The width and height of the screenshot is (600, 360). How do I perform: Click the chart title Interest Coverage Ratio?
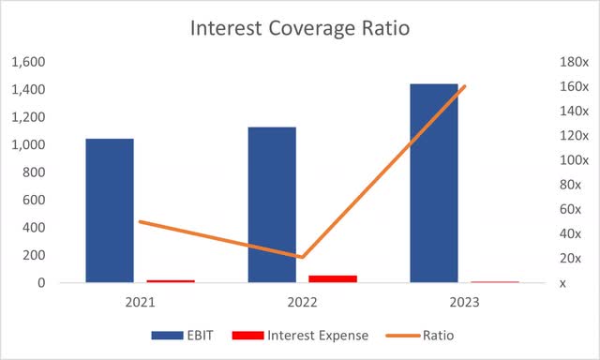pyautogui.click(x=300, y=27)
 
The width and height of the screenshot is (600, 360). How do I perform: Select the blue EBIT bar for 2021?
pyautogui.click(x=109, y=210)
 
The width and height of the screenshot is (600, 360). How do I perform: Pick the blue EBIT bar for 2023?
pyautogui.click(x=434, y=183)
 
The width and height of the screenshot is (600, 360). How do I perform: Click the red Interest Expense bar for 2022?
pyautogui.click(x=333, y=278)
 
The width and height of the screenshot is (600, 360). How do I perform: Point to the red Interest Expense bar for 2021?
pyautogui.click(x=171, y=280)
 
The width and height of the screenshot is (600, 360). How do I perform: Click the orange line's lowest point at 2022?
pyautogui.click(x=302, y=257)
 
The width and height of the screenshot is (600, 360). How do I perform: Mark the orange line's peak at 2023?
pyautogui.click(x=464, y=86)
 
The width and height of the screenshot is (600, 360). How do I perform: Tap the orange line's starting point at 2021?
pyautogui.click(x=140, y=221)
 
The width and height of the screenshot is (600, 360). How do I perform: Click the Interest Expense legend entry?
pyautogui.click(x=306, y=335)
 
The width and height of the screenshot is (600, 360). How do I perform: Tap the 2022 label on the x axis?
pyautogui.click(x=302, y=303)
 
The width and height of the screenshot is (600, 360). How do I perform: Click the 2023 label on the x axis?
pyautogui.click(x=464, y=303)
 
